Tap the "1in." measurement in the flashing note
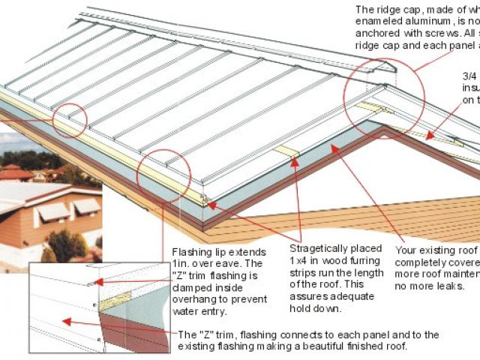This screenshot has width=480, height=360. [x=182, y=263]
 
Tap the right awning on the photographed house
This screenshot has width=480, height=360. [x=86, y=205]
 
